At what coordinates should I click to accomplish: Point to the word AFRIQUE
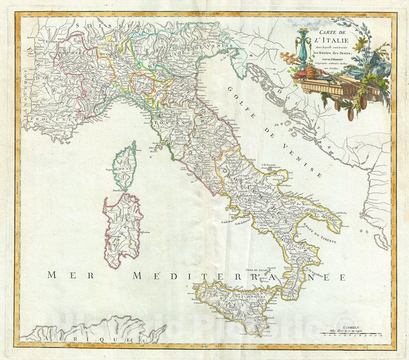pos(87,339)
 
